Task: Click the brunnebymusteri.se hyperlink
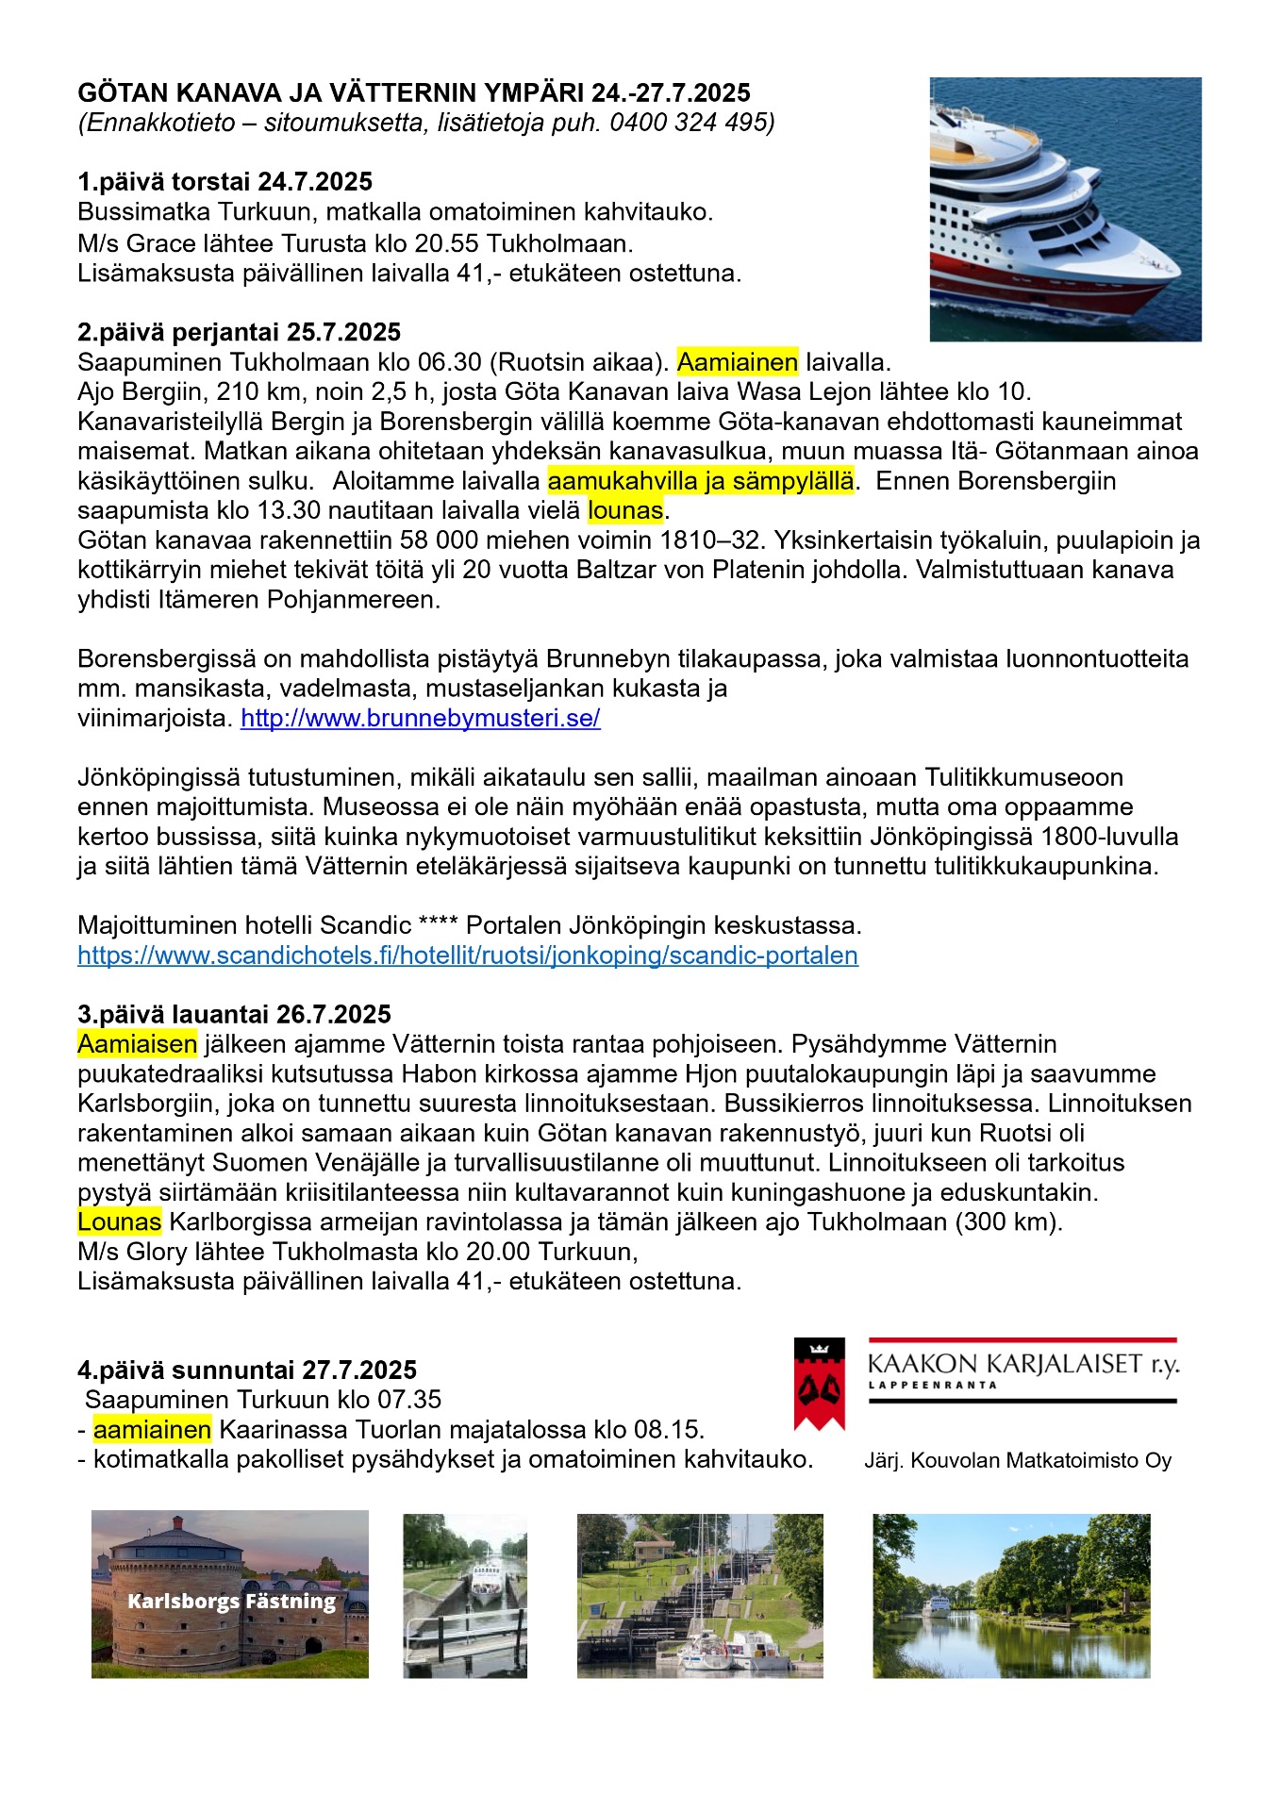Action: coord(420,719)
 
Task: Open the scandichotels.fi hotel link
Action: coord(467,955)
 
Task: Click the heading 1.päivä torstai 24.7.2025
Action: coord(224,182)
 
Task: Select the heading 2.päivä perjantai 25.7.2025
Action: coord(239,332)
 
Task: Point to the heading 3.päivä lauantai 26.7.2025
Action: coord(234,1015)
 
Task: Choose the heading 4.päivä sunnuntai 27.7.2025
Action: coord(246,1371)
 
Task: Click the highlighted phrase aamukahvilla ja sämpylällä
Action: coord(700,481)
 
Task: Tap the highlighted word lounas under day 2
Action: coord(625,511)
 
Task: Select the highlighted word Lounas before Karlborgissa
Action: coord(119,1222)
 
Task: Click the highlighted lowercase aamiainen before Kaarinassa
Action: coord(152,1430)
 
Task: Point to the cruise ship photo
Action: coord(1065,208)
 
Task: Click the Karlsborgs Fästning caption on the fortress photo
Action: coord(231,1602)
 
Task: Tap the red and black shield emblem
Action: coord(819,1384)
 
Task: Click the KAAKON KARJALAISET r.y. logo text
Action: coord(1022,1364)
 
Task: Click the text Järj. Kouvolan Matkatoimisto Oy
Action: coord(1017,1461)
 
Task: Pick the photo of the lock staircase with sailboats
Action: coord(699,1596)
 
